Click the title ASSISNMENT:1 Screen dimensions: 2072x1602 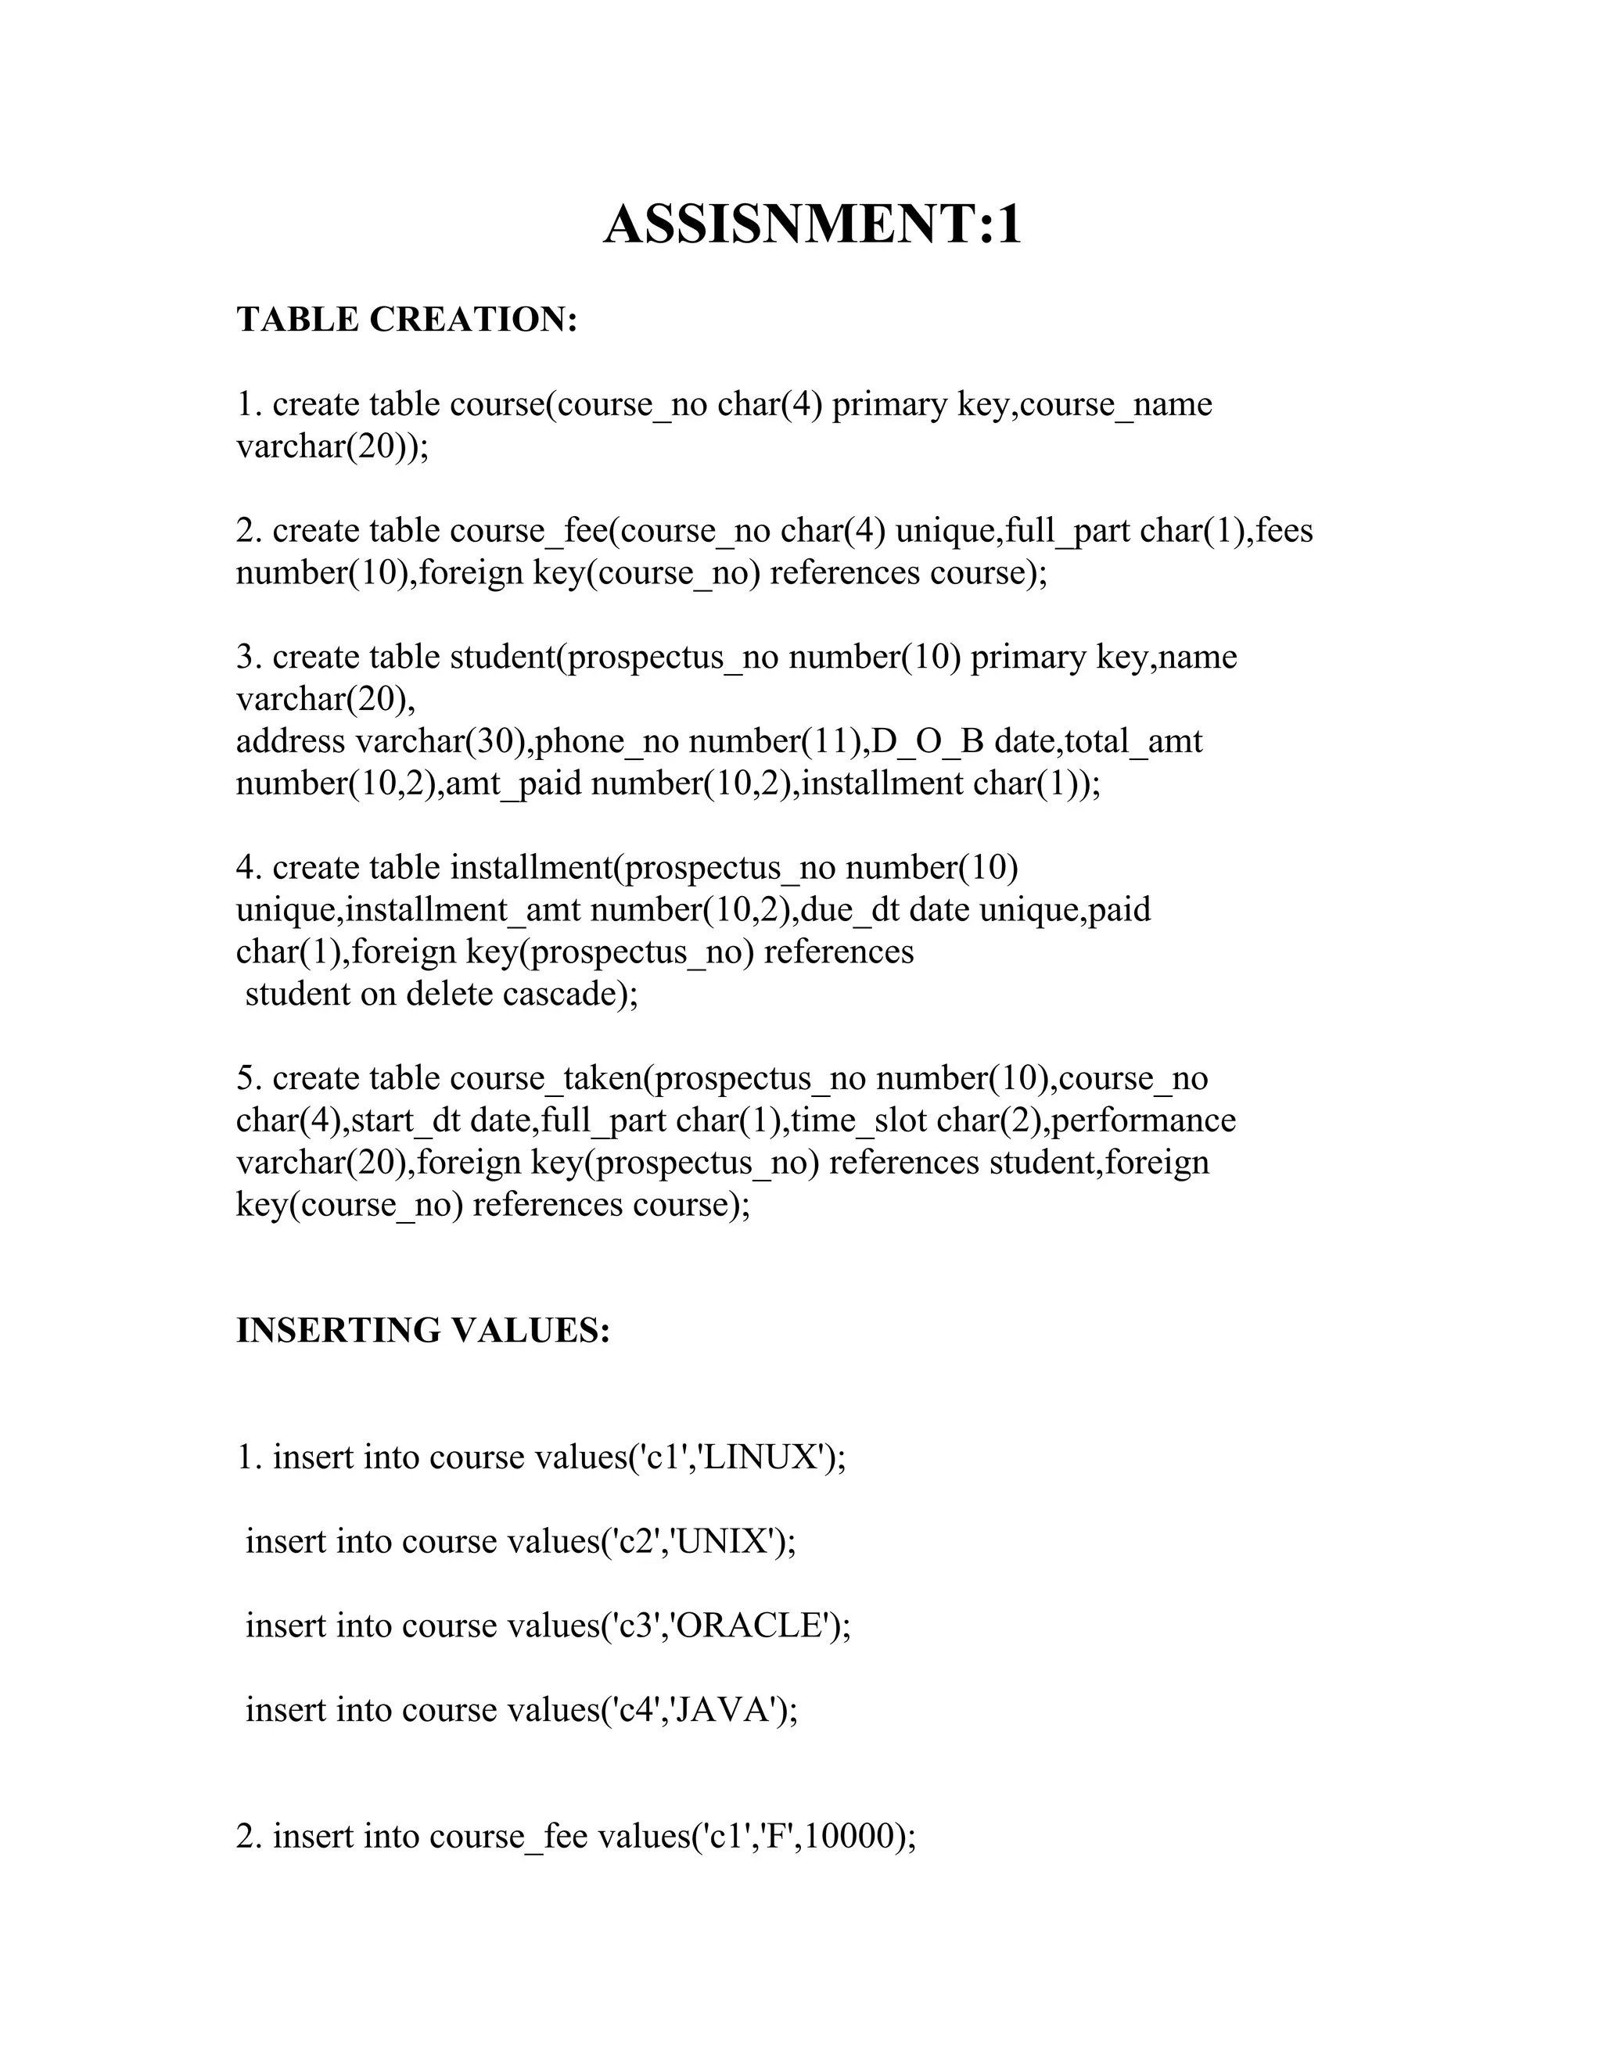pyautogui.click(x=813, y=226)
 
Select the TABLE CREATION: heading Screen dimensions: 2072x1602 pyautogui.click(x=407, y=320)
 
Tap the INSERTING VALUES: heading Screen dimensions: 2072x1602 pyautogui.click(x=422, y=1331)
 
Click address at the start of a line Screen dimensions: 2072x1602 pyautogui.click(x=290, y=741)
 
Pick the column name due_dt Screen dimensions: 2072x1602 pyautogui.click(x=851, y=910)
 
